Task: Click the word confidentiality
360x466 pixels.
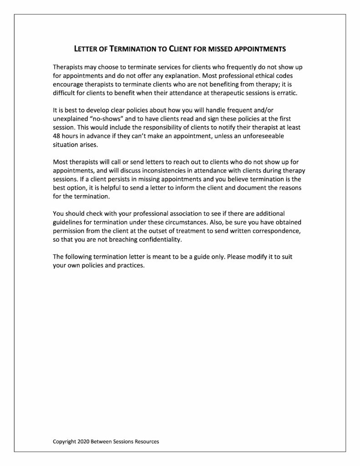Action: (156, 239)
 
